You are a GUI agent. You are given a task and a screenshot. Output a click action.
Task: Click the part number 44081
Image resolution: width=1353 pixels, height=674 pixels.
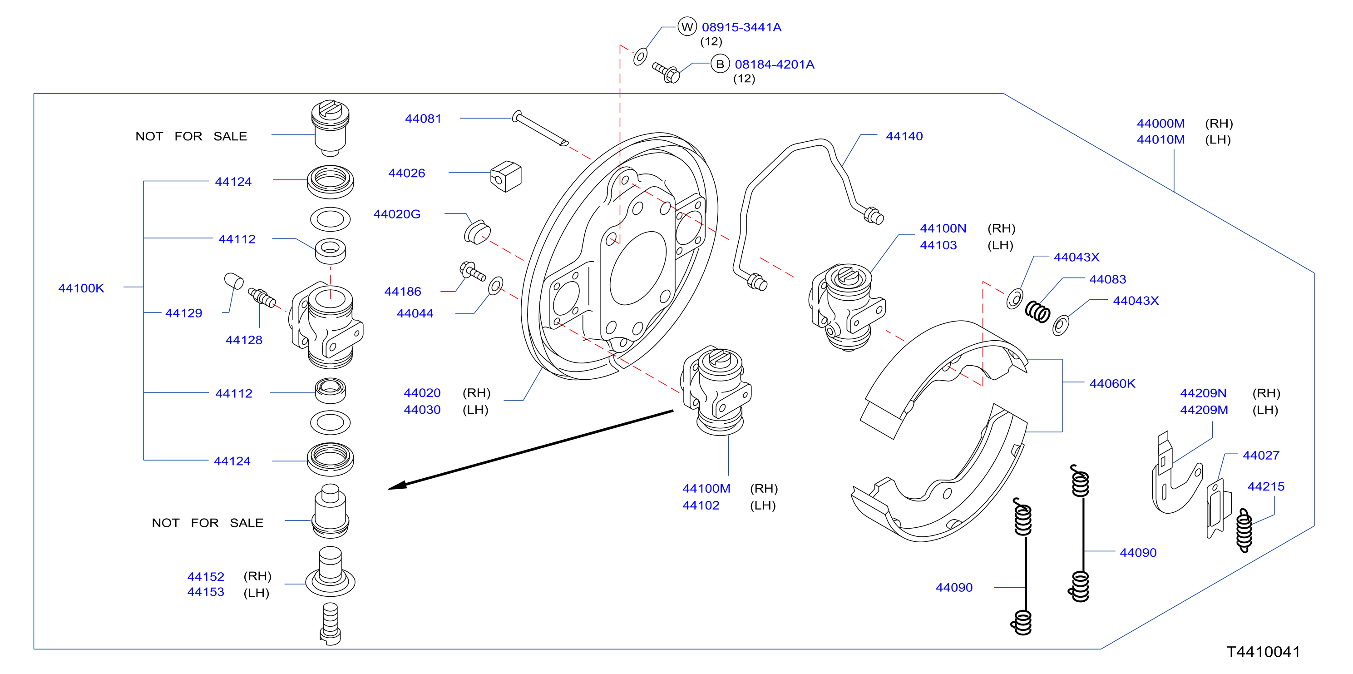click(423, 119)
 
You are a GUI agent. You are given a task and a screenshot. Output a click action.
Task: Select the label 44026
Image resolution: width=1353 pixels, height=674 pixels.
click(406, 173)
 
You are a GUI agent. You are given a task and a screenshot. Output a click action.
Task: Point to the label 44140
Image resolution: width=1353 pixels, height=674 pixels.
click(904, 137)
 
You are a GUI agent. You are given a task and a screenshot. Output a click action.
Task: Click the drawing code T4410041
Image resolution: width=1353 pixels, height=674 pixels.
click(1263, 652)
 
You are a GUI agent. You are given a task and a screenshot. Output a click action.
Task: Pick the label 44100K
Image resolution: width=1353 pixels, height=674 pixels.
click(81, 288)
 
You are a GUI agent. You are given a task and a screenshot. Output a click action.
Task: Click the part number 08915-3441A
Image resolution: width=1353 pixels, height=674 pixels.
click(741, 27)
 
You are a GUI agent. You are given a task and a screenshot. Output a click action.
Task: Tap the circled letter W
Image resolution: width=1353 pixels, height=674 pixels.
click(687, 27)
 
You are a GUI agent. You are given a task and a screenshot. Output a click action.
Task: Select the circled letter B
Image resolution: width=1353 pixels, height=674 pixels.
click(720, 64)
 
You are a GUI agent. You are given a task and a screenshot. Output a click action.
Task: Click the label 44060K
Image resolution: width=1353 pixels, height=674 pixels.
click(1112, 384)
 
